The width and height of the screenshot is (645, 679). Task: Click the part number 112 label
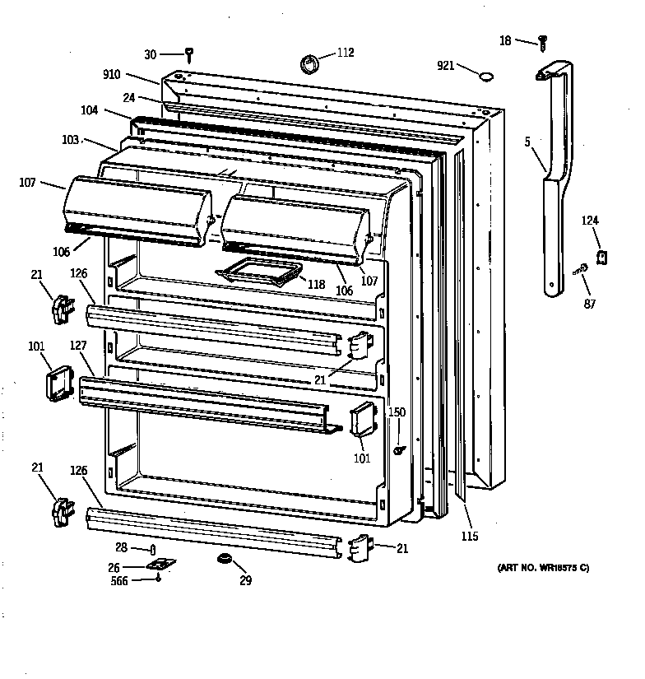[345, 53]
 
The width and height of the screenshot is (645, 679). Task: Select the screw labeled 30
[190, 55]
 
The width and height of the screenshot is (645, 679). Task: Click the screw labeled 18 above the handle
[543, 40]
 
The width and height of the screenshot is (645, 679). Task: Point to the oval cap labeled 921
[486, 77]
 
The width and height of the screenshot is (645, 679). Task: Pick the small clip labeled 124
[601, 258]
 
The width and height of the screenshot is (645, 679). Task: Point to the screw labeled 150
[399, 449]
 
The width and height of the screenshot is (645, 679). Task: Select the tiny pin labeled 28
[152, 549]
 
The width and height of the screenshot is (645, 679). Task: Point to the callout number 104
[90, 109]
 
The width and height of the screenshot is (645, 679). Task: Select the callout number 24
[128, 96]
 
